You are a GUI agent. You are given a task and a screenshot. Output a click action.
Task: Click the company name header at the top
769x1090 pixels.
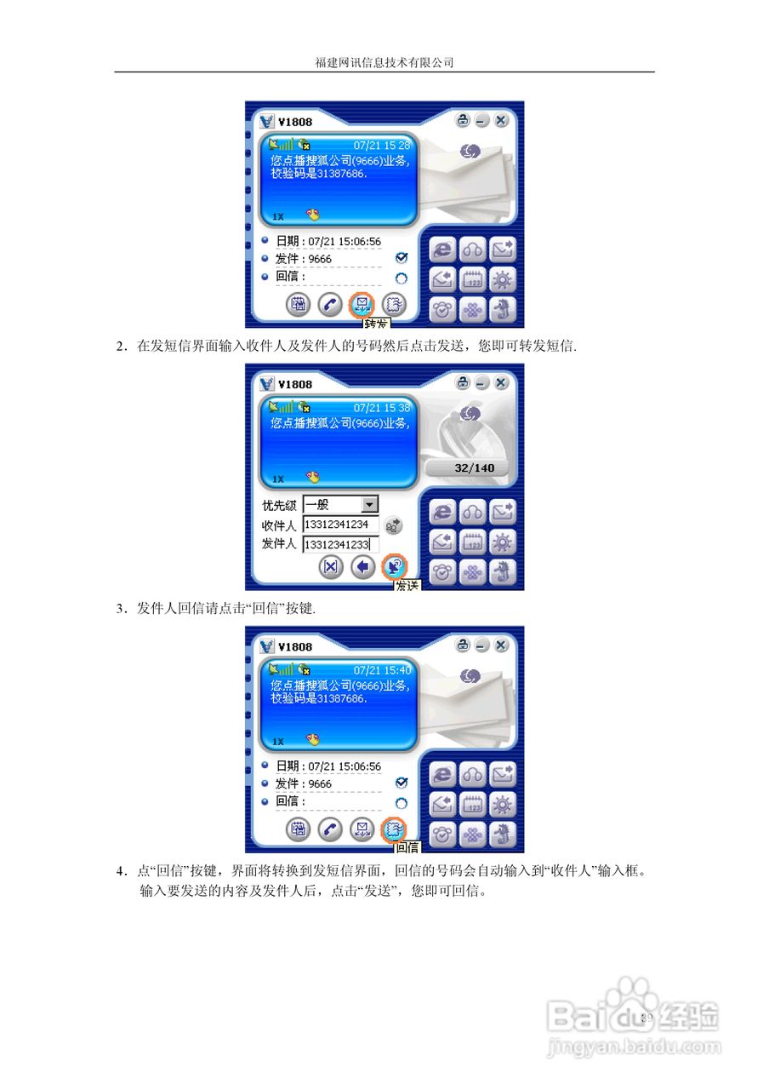384,62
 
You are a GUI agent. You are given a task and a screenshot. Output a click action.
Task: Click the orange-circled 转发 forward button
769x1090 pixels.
362,304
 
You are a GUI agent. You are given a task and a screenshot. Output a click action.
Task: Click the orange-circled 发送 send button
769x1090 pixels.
394,566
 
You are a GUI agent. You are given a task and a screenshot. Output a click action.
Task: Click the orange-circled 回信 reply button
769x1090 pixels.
394,829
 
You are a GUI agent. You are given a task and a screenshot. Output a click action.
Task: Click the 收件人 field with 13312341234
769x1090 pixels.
340,525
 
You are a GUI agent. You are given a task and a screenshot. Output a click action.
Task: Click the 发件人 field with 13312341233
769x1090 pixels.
340,544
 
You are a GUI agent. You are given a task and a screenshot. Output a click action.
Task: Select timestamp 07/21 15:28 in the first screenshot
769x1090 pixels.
382,146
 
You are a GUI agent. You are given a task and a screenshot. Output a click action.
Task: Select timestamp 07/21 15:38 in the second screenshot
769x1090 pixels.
382,408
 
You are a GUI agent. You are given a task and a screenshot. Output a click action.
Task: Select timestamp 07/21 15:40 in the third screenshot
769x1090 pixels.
382,670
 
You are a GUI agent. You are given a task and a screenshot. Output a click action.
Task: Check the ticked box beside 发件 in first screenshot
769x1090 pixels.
402,258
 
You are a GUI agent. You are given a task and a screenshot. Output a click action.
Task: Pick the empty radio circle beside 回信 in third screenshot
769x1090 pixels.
402,803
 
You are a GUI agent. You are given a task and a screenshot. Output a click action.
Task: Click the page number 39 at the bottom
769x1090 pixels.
646,1018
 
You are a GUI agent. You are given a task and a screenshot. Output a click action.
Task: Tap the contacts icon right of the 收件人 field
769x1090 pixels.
393,525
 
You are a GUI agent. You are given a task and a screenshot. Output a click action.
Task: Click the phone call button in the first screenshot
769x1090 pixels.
329,304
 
